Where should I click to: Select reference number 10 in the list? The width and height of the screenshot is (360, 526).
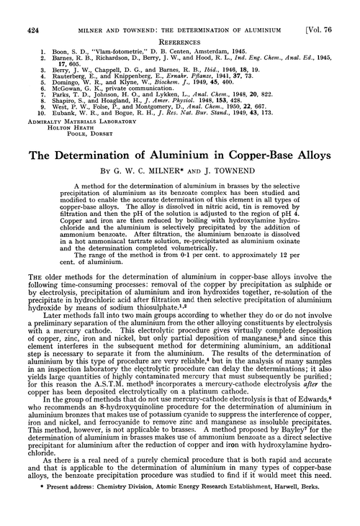pyautogui.click(x=23, y=113)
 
